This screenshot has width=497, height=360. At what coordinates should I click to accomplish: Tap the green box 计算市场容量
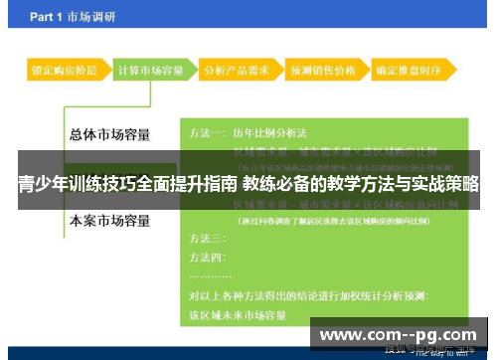(150, 72)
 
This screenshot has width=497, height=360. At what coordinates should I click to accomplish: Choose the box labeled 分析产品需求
(238, 72)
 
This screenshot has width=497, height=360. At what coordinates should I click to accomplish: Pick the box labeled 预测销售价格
(323, 72)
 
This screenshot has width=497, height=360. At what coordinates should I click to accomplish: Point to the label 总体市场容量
(110, 134)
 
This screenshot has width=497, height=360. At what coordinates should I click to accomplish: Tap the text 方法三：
(208, 240)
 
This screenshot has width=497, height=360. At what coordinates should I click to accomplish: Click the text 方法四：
(208, 259)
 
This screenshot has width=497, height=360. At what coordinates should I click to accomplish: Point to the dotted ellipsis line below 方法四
(211, 275)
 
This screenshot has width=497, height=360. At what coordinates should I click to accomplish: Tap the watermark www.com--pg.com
(397, 335)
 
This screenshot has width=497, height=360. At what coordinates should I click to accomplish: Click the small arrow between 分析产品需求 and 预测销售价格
(281, 72)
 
